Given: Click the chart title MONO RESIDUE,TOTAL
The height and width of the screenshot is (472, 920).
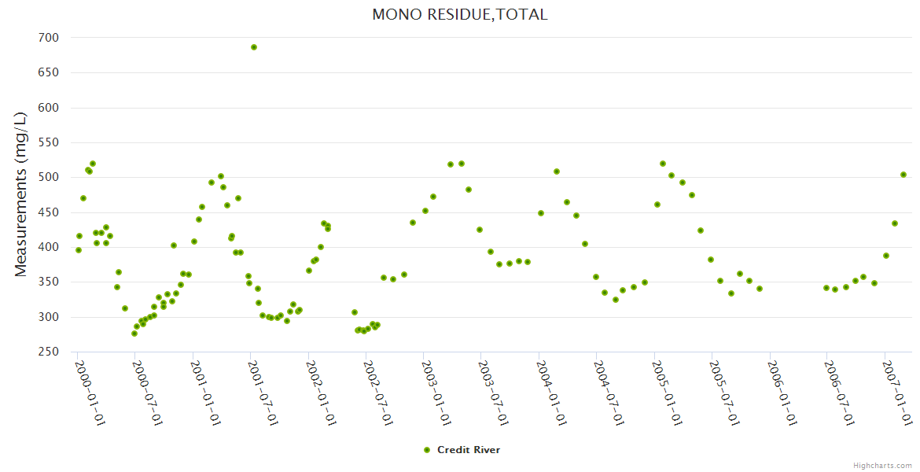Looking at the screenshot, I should click(460, 14).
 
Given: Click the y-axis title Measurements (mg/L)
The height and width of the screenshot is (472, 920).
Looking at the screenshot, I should click(21, 194).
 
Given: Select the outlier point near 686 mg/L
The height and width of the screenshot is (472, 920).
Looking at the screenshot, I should click(254, 47).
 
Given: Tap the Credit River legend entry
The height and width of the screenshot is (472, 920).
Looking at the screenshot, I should click(468, 450).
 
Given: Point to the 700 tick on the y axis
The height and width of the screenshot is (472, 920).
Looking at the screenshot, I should click(48, 38).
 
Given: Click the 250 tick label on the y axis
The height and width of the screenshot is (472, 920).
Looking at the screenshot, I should click(48, 352).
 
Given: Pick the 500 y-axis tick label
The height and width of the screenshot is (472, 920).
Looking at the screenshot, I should click(48, 177).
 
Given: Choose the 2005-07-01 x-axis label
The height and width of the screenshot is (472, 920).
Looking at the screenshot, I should click(723, 392).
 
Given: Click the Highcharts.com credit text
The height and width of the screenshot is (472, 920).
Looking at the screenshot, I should click(882, 465).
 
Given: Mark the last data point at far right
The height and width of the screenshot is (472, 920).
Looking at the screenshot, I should click(903, 175).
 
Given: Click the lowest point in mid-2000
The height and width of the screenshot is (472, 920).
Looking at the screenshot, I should click(134, 334).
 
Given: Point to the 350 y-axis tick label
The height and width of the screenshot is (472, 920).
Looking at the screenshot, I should click(48, 282).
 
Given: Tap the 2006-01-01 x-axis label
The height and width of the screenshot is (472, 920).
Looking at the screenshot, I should click(781, 392).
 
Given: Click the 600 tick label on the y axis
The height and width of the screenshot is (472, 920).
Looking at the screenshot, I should click(48, 108).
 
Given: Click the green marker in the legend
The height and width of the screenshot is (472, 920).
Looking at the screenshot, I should click(427, 450).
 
